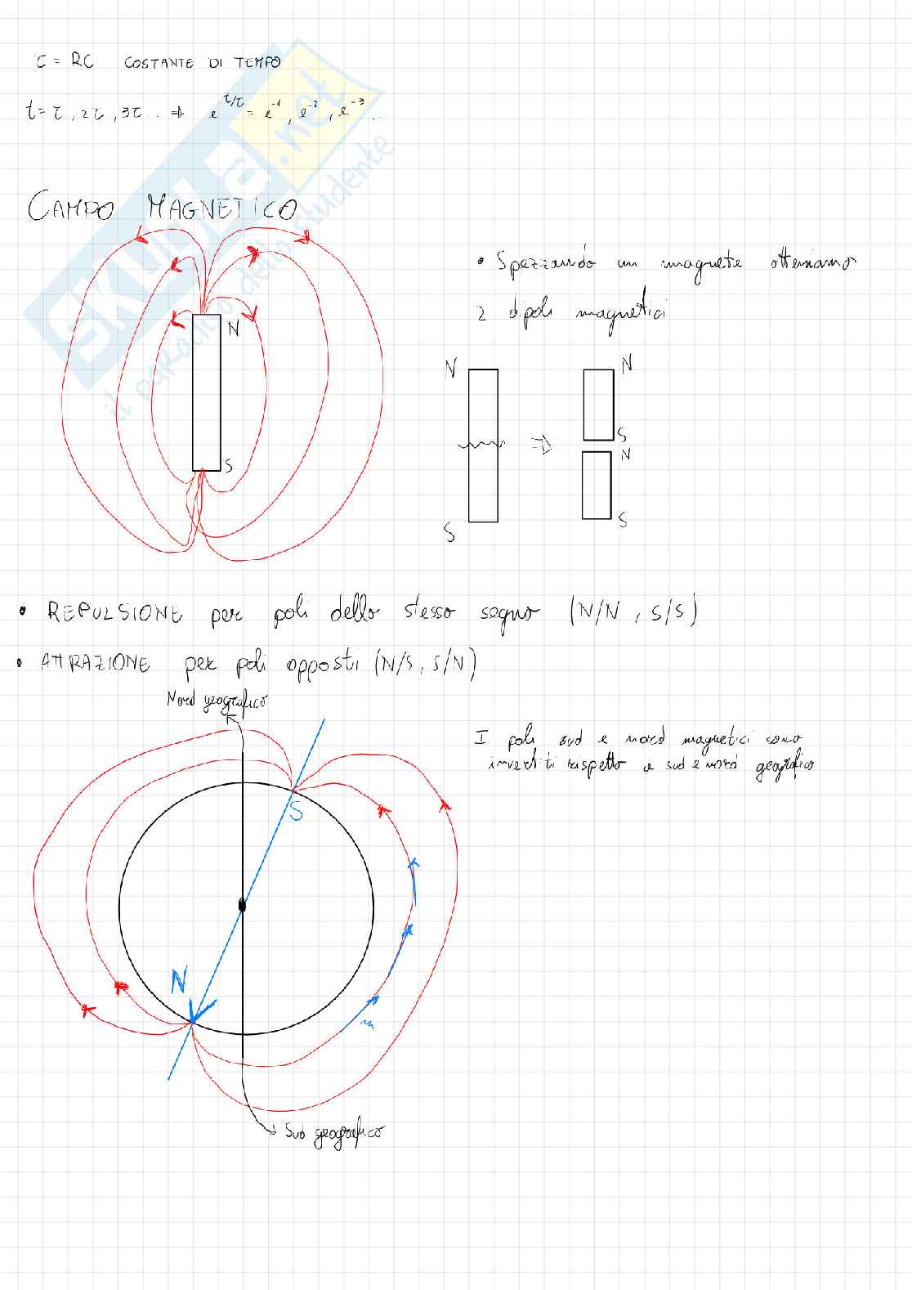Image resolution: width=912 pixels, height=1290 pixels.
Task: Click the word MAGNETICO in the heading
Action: (221, 209)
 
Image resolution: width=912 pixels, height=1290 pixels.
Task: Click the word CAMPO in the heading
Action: (70, 208)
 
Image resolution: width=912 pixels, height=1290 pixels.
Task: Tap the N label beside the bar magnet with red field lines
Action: (234, 329)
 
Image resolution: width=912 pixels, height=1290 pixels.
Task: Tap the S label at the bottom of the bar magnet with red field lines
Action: (229, 466)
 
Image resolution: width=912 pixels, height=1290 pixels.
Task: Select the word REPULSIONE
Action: (114, 612)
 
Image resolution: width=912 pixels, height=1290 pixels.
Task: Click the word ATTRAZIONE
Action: (96, 663)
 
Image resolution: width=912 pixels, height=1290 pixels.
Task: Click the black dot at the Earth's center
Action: (241, 905)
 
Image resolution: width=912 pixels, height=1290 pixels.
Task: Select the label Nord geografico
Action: (217, 701)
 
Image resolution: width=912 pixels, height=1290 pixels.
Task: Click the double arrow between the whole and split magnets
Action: (541, 446)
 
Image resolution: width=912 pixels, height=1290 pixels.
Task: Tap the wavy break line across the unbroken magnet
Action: (481, 444)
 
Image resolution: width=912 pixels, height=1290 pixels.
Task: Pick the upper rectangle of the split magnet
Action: (598, 405)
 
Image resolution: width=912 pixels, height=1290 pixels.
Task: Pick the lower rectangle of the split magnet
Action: (597, 485)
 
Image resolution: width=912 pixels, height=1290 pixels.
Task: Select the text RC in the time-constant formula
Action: (83, 61)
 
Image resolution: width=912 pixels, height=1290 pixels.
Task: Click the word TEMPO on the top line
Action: (257, 62)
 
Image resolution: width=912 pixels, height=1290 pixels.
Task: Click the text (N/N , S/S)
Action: (633, 611)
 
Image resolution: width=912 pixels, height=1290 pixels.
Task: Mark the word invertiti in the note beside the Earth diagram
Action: (521, 764)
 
